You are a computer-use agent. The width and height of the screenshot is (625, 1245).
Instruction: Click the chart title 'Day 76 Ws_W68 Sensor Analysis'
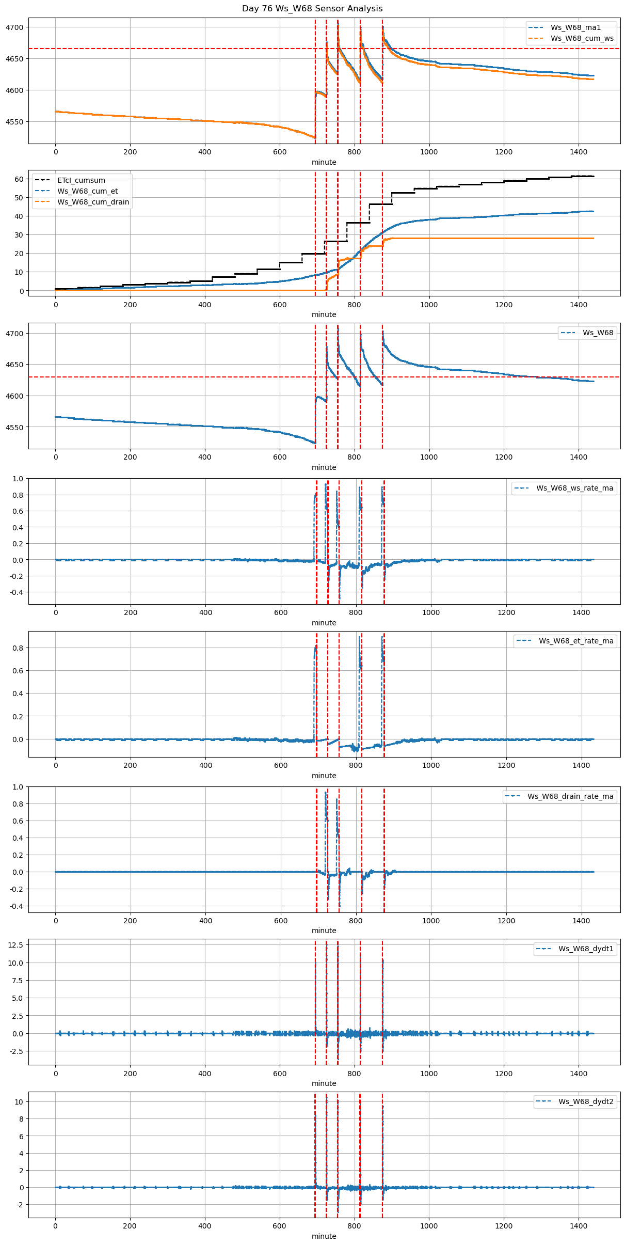tap(312, 9)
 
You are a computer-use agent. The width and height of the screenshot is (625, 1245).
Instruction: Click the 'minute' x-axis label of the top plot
tap(324, 162)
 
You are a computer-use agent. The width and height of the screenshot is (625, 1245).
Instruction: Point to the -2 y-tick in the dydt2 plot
tap(20, 1205)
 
